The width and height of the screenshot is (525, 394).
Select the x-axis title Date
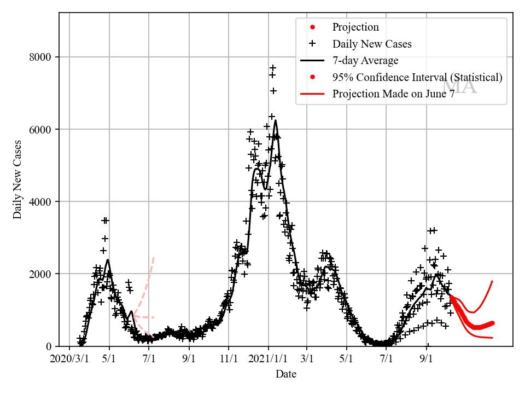285,374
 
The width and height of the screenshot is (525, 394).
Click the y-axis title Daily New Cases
17,179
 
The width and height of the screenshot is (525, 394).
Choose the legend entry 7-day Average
365,61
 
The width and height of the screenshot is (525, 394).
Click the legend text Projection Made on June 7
393,94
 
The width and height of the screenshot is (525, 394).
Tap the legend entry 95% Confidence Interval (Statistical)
417,77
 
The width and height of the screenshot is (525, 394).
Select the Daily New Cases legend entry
372,44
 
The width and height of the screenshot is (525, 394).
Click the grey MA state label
459,86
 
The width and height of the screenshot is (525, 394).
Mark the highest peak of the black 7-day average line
275,120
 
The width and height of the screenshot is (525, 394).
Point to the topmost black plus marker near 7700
273,68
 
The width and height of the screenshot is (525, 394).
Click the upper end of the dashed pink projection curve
154,257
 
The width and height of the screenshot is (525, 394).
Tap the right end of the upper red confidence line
493,281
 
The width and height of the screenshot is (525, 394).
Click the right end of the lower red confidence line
493,338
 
